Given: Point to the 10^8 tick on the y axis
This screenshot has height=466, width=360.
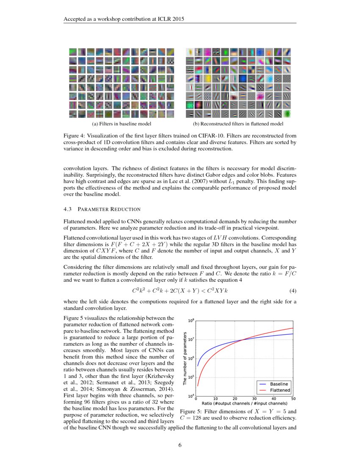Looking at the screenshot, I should (x=191, y=321).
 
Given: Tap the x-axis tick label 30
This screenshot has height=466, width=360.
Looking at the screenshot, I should (x=254, y=399).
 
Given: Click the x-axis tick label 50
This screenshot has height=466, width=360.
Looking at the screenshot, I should (x=293, y=399).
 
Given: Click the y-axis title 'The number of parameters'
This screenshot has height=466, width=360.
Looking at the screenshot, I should (x=185, y=358).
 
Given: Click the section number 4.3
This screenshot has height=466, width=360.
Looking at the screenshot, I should (x=68, y=209).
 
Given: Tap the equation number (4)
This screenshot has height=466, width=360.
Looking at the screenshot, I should (x=292, y=291).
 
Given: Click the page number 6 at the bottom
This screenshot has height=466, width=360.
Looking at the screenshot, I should (x=180, y=445).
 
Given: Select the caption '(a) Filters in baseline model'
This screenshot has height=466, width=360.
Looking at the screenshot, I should (x=122, y=124).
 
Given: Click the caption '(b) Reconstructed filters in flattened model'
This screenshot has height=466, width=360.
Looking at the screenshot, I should (x=238, y=124).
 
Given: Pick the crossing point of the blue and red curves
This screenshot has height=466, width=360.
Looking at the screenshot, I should (x=242, y=340).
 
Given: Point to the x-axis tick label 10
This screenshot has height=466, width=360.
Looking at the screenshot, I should (x=215, y=399).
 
